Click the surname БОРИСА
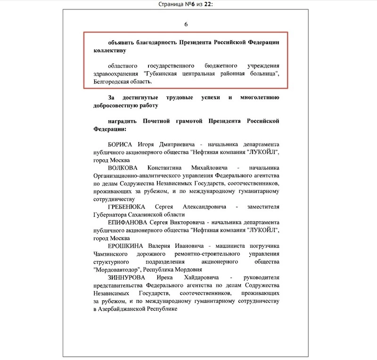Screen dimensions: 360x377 [x=122, y=144]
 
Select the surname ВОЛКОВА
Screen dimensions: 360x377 [x=123, y=168]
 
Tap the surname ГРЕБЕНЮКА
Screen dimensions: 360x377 [x=128, y=208]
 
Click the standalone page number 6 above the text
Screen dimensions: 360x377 [x=186, y=25]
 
